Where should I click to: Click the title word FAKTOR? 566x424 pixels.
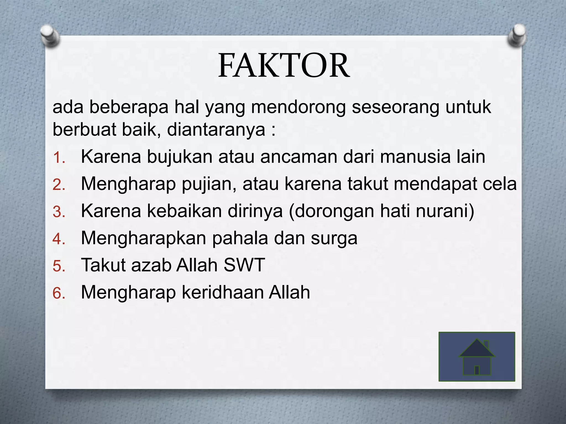[x=284, y=66]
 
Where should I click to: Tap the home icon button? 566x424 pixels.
[x=477, y=357]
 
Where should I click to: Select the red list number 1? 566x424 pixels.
[x=59, y=158]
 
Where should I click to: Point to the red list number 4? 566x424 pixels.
[x=59, y=239]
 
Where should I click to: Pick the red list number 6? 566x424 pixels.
[x=59, y=293]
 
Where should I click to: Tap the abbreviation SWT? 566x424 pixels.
[x=244, y=265]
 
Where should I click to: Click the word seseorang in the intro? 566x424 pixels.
[x=395, y=107]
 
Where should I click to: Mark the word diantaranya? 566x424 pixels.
[x=216, y=129]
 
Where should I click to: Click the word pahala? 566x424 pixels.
[x=240, y=238]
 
